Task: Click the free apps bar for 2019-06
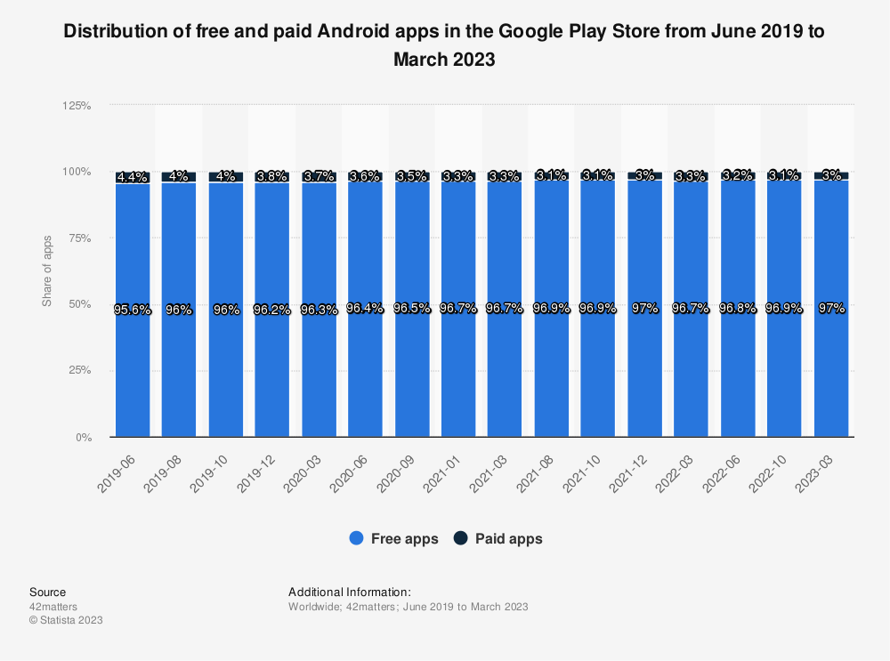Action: point(132,374)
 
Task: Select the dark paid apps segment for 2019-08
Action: point(179,177)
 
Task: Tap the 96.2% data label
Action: point(272,310)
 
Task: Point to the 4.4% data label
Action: point(132,177)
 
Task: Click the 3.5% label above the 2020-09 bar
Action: point(412,176)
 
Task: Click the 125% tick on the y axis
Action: point(77,106)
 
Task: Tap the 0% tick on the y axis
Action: point(83,438)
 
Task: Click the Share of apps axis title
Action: point(47,271)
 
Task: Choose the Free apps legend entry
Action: point(394,538)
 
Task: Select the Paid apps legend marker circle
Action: point(461,538)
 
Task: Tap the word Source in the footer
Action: point(47,592)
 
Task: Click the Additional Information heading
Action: point(349,592)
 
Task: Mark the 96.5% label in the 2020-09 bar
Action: point(412,309)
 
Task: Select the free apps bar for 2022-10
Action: point(784,374)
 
